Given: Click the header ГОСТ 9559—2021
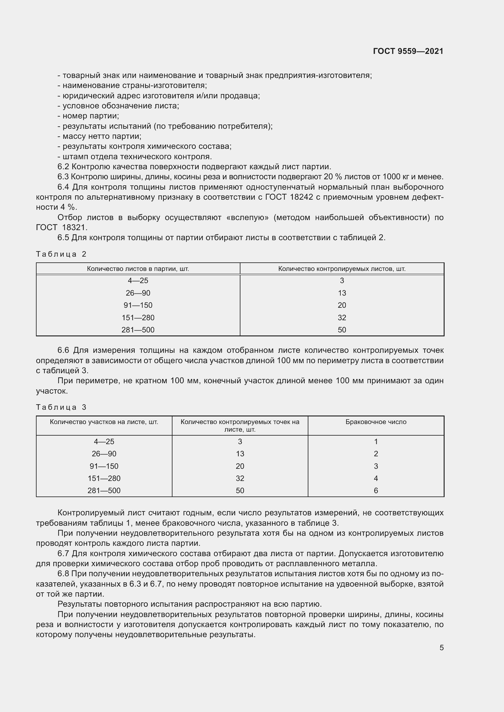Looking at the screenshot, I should click(x=408, y=51).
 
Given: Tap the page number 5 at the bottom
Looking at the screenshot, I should click(x=441, y=648).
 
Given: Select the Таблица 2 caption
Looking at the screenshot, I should click(x=61, y=254).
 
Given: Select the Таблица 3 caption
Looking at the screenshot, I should click(x=61, y=407).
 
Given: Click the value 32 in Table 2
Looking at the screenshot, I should click(x=342, y=317).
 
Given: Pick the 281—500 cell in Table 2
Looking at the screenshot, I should click(x=138, y=330).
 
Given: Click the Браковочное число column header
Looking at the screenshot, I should click(x=375, y=422).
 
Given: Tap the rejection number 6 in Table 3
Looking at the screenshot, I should click(x=375, y=490).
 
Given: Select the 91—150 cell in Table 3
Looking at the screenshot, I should click(x=104, y=466).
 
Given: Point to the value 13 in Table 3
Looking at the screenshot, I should click(x=240, y=454).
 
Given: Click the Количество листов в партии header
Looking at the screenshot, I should click(x=138, y=269).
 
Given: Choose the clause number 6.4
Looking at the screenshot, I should click(x=64, y=187).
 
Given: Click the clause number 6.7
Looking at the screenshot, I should click(x=64, y=553).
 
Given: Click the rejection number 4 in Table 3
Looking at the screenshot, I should click(x=375, y=478).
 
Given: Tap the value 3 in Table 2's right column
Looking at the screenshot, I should click(x=342, y=281).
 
